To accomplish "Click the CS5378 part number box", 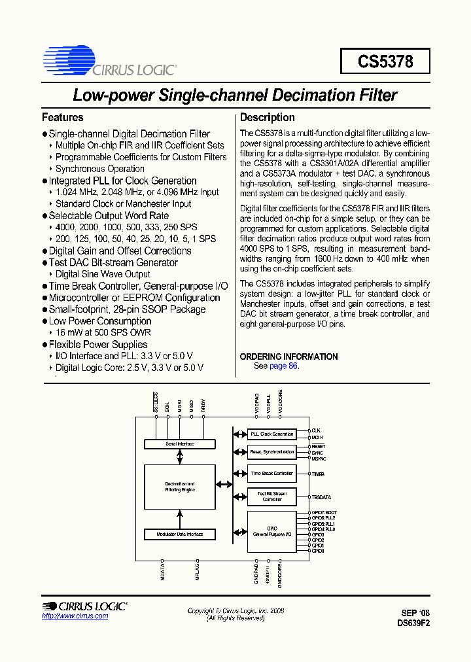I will click(x=385, y=61).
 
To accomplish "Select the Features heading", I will click(x=62, y=118).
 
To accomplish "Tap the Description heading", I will click(x=267, y=118).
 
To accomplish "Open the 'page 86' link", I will click(x=283, y=366).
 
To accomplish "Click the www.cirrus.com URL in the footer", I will click(x=75, y=616).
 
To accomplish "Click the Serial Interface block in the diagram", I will click(x=179, y=444).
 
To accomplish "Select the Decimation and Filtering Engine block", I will click(x=179, y=487).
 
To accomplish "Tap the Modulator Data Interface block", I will click(x=179, y=534).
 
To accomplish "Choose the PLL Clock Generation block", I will click(x=272, y=434).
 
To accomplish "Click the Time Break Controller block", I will click(x=272, y=473).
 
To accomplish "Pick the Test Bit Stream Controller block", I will click(x=272, y=496).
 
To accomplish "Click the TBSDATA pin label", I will click(x=322, y=497).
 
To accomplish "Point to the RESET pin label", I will click(x=319, y=445).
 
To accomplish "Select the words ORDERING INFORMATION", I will click(x=288, y=357).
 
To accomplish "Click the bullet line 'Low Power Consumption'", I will click(x=100, y=321).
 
